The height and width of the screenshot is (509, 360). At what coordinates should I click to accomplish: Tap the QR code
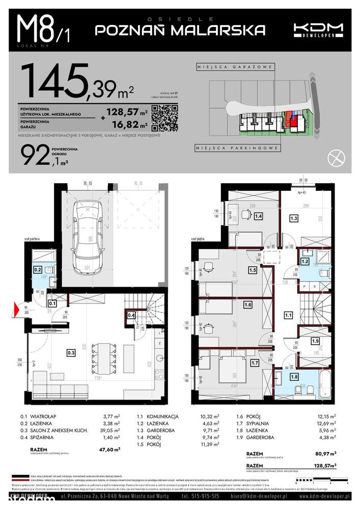[x=164, y=118]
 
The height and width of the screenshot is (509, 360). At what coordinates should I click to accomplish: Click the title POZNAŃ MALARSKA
[x=181, y=30]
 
